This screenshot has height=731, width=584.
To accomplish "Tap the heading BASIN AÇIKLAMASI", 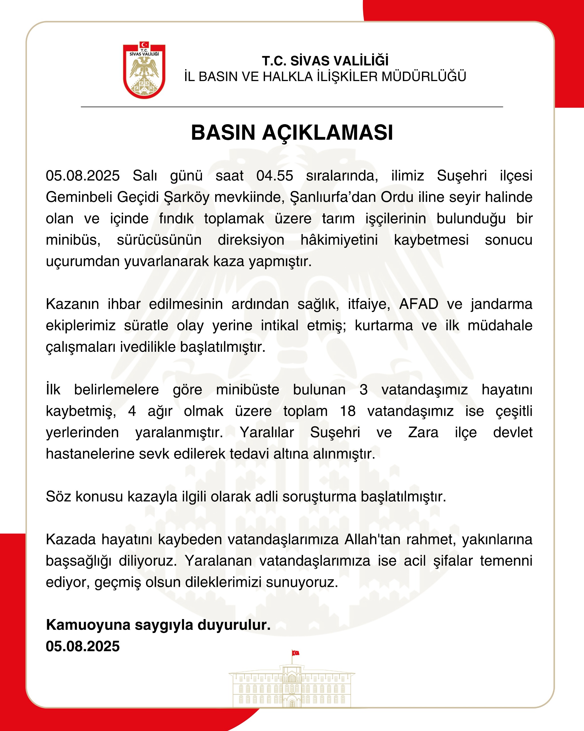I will point(292,132).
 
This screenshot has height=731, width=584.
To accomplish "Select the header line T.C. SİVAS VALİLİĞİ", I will point(325,61).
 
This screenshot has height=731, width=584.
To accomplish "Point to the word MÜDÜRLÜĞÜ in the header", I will point(424,77).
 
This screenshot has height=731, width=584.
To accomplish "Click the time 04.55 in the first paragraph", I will point(274,176).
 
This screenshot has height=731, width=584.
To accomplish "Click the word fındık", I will point(176,219).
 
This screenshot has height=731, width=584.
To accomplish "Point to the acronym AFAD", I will point(419,304).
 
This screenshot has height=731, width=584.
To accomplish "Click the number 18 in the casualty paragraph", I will point(347,411).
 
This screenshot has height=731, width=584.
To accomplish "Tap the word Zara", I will point(423,433).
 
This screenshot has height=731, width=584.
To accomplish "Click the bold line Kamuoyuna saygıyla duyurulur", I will point(158,625).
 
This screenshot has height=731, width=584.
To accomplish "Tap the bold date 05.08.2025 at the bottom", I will point(83,646).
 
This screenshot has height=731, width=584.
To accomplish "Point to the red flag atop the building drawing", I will point(295,653).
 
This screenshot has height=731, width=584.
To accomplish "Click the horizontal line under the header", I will point(292,107).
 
